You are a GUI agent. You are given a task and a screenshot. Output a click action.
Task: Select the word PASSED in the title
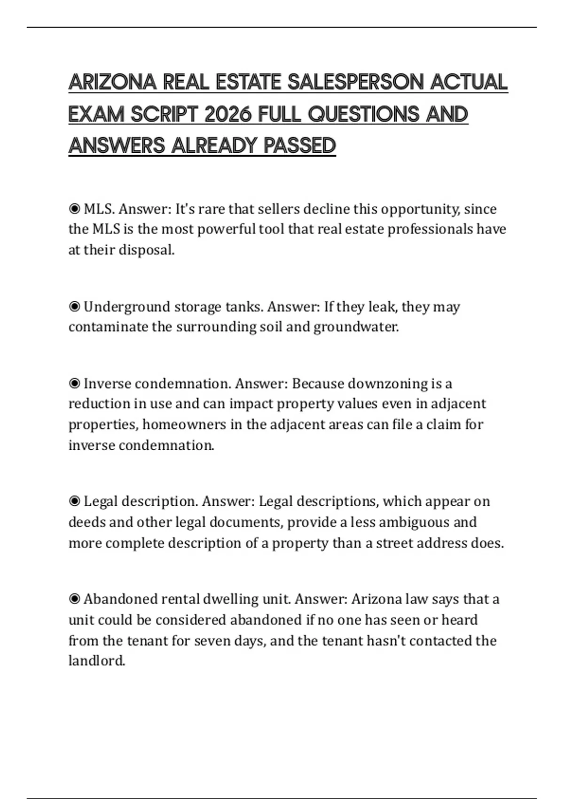300,146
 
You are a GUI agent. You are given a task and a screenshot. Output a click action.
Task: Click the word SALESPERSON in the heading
355,82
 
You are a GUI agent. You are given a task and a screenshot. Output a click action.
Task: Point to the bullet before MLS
74,209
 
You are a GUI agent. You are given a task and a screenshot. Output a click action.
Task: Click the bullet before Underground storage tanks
74,307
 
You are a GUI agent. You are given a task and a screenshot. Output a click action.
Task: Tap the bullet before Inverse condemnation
74,384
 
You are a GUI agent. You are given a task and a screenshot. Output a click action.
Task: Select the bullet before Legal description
74,501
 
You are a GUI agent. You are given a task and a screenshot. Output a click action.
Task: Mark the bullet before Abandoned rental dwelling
74,599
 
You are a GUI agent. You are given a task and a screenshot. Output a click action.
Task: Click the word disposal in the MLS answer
146,250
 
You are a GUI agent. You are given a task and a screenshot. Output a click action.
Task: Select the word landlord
97,661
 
